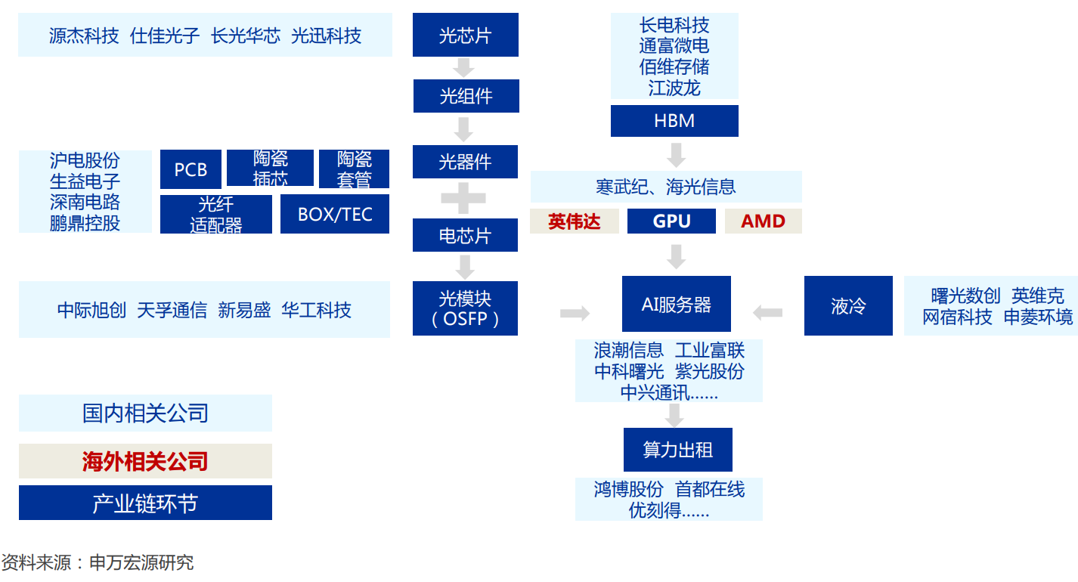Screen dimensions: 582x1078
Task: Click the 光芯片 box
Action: click(465, 35)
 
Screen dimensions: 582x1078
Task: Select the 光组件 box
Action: click(466, 96)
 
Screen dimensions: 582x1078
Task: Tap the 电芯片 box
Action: click(465, 236)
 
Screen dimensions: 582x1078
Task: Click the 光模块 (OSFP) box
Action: click(465, 308)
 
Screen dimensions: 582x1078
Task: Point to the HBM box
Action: click(674, 121)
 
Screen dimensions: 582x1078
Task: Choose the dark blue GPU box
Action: click(671, 221)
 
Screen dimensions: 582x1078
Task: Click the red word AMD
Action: click(763, 221)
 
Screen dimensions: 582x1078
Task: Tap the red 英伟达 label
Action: click(575, 221)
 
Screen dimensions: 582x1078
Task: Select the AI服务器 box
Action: click(676, 304)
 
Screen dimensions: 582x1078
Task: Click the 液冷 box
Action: click(848, 305)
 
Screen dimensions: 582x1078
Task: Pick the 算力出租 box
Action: click(677, 450)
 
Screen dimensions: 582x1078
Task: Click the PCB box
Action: click(191, 169)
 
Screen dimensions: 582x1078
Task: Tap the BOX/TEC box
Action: click(335, 214)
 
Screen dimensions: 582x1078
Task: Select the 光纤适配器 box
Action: click(215, 215)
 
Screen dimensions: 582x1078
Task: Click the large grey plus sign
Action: click(463, 199)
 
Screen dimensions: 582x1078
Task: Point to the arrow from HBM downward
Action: click(676, 155)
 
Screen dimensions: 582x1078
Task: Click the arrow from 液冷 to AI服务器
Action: click(768, 311)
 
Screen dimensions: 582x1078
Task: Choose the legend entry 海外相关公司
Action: click(145, 461)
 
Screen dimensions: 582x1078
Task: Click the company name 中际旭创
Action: click(91, 310)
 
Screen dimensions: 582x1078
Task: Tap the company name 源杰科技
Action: click(84, 36)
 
